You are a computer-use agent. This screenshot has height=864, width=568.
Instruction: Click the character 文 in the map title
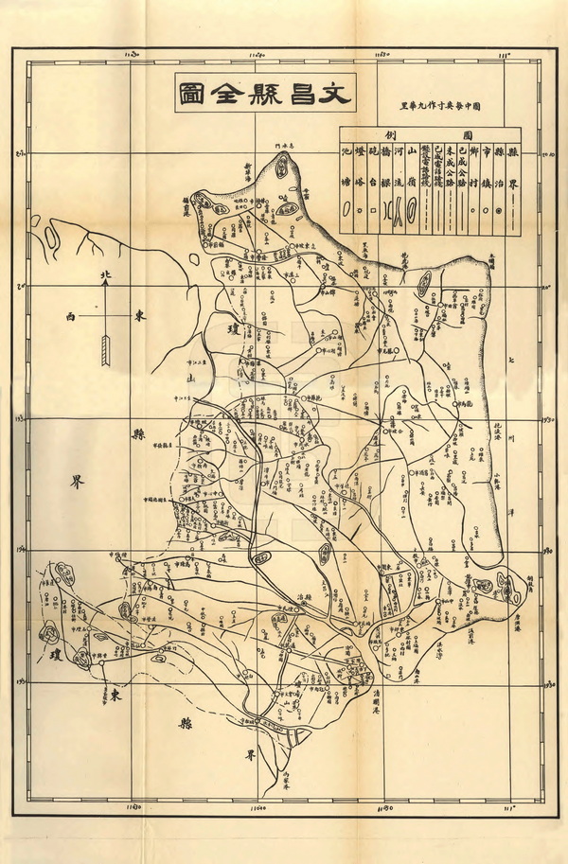(334, 95)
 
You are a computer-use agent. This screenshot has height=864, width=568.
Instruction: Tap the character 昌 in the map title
(295, 95)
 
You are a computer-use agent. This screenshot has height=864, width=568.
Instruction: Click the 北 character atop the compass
(106, 275)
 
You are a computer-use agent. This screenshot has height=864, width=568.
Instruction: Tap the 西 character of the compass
(71, 316)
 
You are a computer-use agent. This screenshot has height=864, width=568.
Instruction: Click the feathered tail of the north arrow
(106, 350)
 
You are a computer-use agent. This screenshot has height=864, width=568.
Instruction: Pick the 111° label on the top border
(509, 56)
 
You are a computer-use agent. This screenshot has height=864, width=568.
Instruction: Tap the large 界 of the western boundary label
(77, 482)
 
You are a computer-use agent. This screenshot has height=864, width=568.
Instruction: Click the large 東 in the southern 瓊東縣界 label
(114, 696)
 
